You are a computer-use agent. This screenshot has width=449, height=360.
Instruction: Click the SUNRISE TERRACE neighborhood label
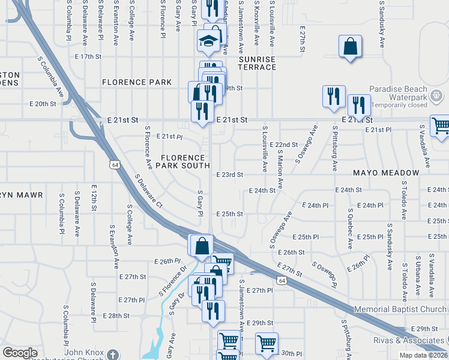coord(257,63)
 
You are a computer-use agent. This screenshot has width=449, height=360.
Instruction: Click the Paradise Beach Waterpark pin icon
coord(436,95)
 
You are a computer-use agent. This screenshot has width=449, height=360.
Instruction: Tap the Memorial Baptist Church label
coord(400,309)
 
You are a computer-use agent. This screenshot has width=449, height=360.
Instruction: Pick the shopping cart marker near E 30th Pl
coord(266,344)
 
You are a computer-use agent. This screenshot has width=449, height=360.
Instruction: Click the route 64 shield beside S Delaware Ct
coord(115,163)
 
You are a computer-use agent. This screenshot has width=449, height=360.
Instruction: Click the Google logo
coord(20,353)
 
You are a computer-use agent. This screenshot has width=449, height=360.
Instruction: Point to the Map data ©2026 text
coord(422,355)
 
